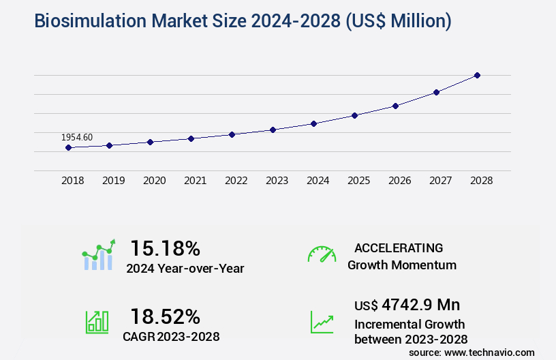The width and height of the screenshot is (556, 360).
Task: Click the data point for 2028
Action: coord(477,75)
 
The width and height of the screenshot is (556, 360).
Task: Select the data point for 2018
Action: coord(68,147)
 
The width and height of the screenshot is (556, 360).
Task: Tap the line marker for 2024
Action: coord(313,123)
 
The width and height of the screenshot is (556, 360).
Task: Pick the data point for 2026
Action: coord(395,106)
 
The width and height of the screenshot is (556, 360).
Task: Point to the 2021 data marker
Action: coord(191,138)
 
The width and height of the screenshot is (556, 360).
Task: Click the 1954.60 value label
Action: coord(77,137)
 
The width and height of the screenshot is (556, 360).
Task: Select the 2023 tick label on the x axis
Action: coord(277,181)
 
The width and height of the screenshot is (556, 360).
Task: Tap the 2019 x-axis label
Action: coord(113,181)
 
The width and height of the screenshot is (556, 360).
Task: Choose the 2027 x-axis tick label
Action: coord(440,181)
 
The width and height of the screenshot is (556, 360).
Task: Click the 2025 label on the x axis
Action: coord(358,181)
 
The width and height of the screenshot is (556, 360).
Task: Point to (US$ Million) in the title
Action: coord(399,22)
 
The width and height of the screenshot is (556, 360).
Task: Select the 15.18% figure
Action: coord(165,247)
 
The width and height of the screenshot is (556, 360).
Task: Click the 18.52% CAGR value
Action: coord(165,316)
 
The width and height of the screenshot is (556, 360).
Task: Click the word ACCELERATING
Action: coord(399,248)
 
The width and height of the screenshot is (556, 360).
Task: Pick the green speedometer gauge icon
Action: coord(322,254)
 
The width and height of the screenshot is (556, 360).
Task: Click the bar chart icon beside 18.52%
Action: coord(96,321)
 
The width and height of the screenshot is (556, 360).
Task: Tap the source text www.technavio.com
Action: coord(490,352)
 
